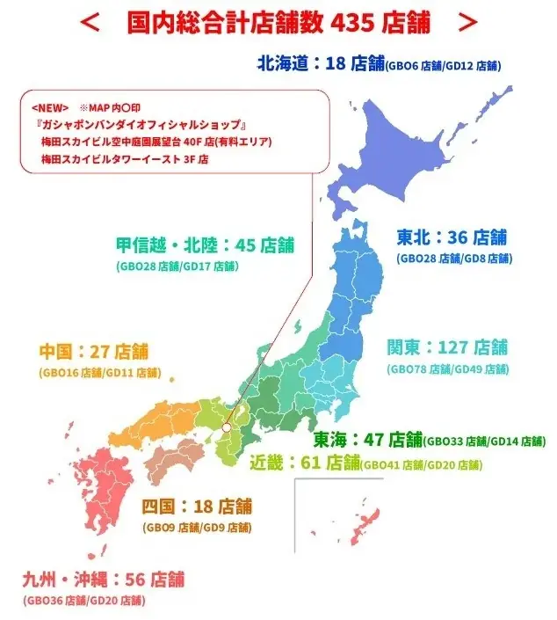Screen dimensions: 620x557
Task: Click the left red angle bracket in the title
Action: pyautogui.click(x=90, y=22)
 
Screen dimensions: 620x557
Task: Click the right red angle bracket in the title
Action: pyautogui.click(x=469, y=22)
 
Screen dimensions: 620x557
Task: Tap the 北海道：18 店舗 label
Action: pyautogui.click(x=321, y=63)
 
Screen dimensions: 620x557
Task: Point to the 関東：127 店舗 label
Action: pyautogui.click(x=447, y=347)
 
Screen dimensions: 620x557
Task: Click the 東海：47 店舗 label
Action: pyautogui.click(x=368, y=439)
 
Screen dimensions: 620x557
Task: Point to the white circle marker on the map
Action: pyautogui.click(x=226, y=427)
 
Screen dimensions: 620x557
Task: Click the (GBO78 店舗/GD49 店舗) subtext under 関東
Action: pyautogui.click(x=447, y=368)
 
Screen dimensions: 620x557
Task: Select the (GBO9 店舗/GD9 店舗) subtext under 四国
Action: pyautogui.click(x=196, y=528)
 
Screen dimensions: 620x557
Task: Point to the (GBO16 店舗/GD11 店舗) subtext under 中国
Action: pyautogui.click(x=98, y=372)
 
